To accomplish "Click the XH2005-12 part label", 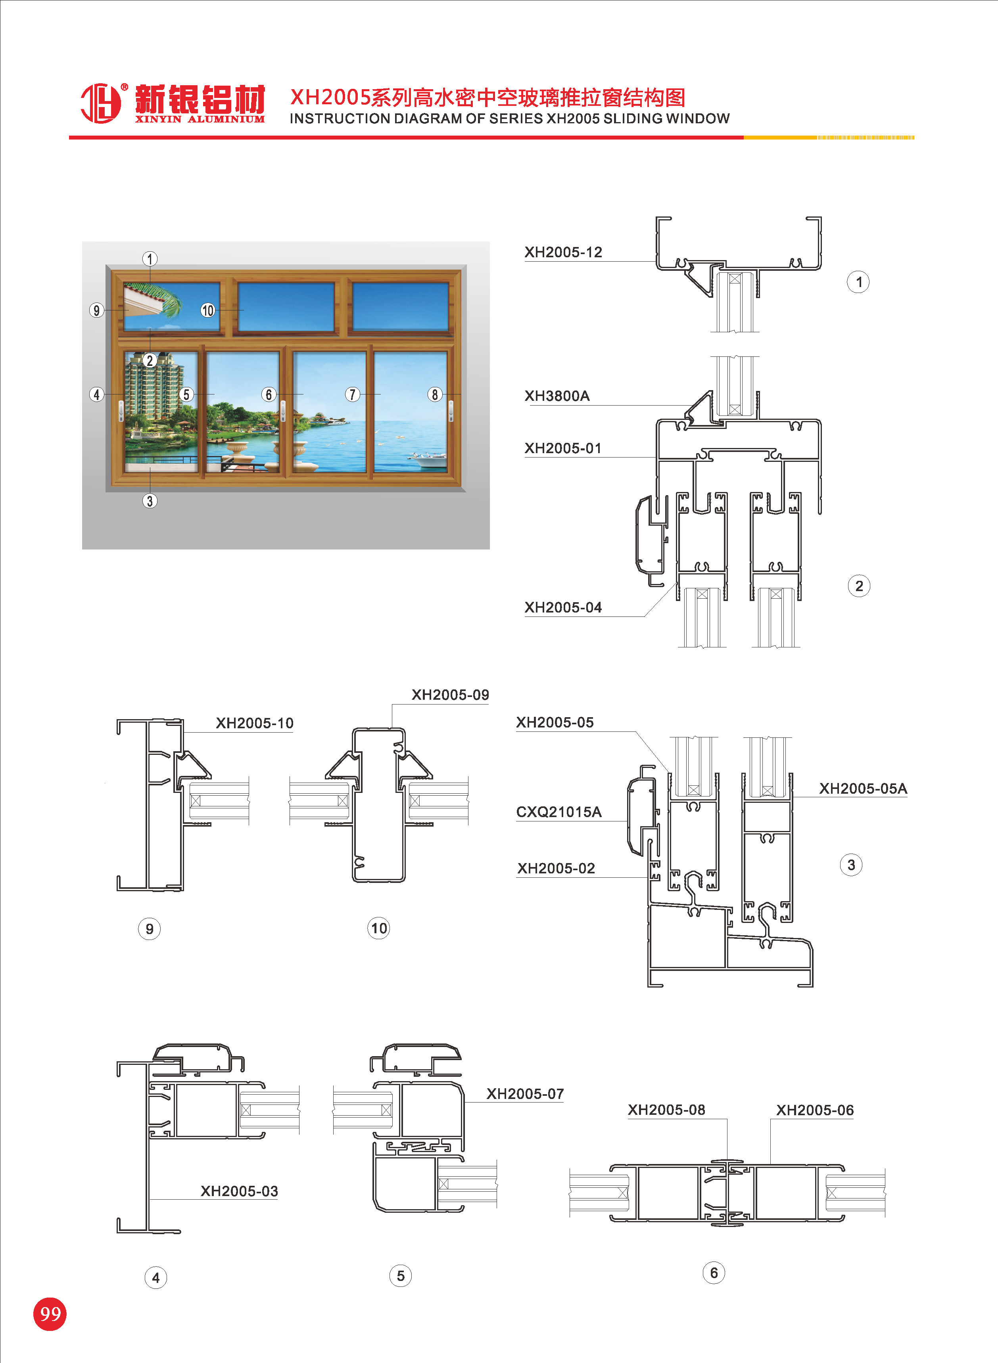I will tap(563, 252).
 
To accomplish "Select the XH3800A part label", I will tap(557, 396).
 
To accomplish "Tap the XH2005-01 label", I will tap(562, 448).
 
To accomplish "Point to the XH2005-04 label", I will tap(562, 608).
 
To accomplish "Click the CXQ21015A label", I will tap(558, 812).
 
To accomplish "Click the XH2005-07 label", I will tap(525, 1094).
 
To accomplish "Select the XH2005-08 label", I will tap(666, 1110).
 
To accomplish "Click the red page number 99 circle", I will tap(50, 1314).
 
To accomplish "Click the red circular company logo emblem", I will tap(101, 103).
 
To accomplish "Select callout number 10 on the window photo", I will tap(207, 311).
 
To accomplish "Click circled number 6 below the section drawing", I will tap(714, 1273).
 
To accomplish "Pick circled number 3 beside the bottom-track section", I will tap(850, 865).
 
